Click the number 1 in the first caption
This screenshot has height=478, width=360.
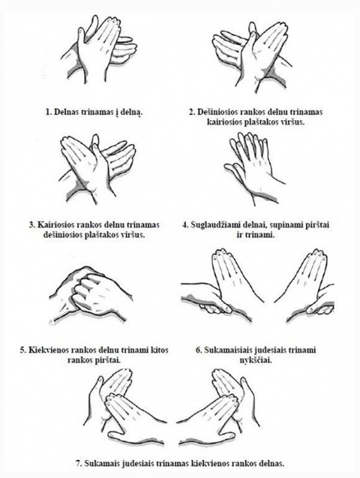pos(48,112)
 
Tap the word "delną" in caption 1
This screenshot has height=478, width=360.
pos(131,113)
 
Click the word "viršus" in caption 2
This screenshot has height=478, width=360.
pos(294,122)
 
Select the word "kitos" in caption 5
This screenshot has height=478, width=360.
pos(160,350)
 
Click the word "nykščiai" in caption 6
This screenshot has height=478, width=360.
pos(255,360)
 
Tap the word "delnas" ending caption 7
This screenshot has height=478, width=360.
pos(272,464)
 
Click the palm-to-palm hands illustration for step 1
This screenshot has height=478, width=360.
pos(99,52)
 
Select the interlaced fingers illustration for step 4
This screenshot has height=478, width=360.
pos(255,168)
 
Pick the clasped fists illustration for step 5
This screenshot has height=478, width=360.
pos(91,295)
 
